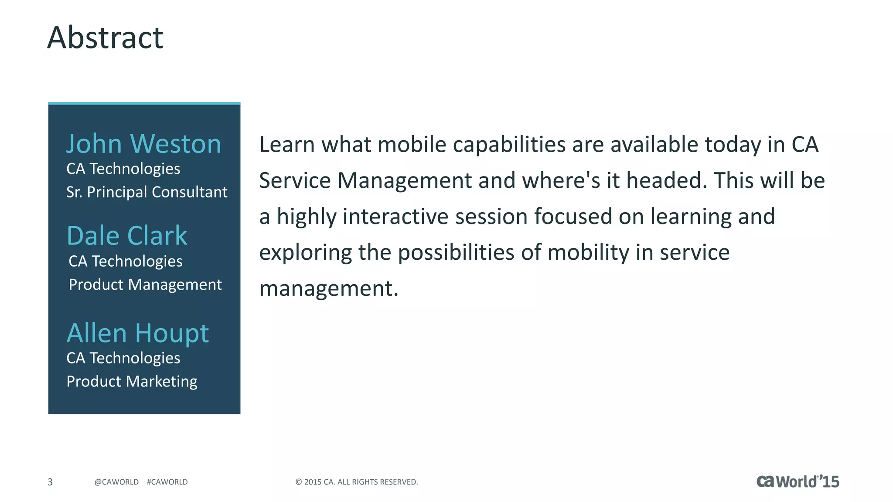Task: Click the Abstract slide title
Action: [x=105, y=37]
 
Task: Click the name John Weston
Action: [x=143, y=144]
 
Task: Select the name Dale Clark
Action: [x=126, y=236]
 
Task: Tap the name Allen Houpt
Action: [x=137, y=333]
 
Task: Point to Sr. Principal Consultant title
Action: [x=147, y=192]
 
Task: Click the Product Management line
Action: [x=145, y=285]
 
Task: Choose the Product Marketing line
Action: [x=132, y=381]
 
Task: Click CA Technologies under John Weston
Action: [x=123, y=169]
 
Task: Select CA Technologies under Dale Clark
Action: [x=125, y=261]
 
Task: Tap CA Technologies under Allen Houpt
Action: [x=123, y=358]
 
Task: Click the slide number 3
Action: [x=50, y=482]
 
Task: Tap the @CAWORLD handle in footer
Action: [x=116, y=482]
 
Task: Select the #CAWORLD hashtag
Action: [x=167, y=482]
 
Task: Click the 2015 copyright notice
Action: [x=356, y=482]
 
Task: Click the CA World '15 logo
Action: [x=798, y=482]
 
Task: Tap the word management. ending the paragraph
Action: [x=329, y=288]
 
